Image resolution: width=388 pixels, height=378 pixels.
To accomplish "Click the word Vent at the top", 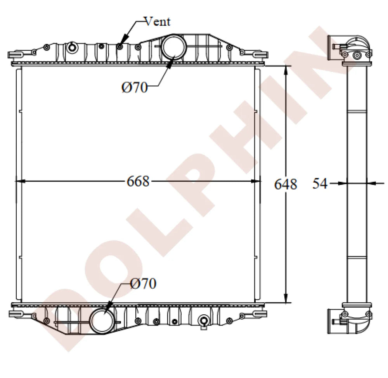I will (x=157, y=21).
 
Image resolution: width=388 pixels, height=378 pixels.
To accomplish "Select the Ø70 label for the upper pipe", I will (x=134, y=88).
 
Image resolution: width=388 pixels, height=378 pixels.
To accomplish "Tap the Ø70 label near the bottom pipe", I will (x=143, y=284).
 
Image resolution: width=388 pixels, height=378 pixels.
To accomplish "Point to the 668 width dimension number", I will (x=138, y=181).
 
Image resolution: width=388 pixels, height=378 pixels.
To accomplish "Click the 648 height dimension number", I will (x=286, y=184).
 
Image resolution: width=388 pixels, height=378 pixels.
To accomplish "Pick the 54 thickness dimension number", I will (x=320, y=184).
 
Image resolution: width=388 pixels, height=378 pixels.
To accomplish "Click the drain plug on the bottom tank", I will (x=203, y=321).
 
